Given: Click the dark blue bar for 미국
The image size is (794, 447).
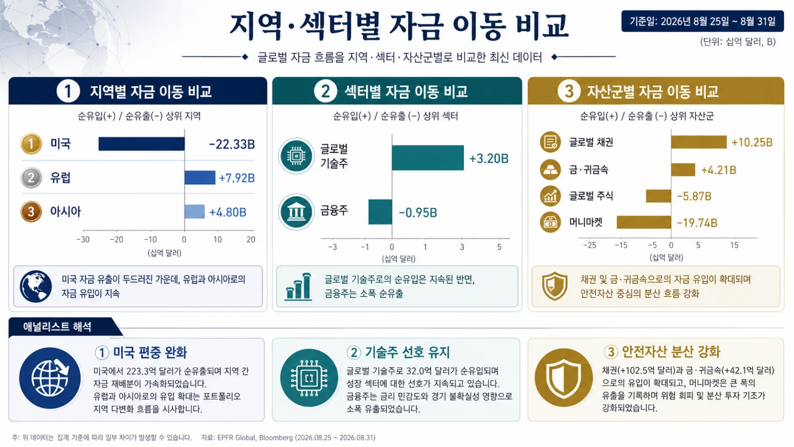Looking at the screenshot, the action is coord(141,144).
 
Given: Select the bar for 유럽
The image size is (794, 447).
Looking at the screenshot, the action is coord(200,177).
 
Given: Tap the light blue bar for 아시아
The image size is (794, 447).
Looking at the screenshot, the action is coord(195,212).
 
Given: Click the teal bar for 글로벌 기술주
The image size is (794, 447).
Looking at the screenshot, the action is coord(428,157).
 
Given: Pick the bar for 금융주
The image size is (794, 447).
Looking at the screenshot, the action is coord(380,212).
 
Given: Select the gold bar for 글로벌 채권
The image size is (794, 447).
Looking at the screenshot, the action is coord(699,142).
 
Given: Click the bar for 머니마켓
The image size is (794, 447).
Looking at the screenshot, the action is coord(644,222).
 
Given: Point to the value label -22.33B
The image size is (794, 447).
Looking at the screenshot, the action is coord(232,145).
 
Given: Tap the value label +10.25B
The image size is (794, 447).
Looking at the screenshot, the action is coord(752,142).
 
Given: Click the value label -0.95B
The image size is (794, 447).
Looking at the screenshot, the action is coord(418,213).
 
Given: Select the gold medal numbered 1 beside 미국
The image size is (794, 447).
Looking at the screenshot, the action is coord(31,144).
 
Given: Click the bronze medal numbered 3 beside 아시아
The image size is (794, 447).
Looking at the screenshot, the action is coord(31,212).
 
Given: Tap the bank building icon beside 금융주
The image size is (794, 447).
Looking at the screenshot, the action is coord(296,212).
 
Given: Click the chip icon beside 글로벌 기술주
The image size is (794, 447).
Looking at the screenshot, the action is coord(296,156).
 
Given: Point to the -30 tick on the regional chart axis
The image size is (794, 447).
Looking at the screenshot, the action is coord(83,239).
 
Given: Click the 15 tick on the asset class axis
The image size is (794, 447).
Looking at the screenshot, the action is coord(734,245).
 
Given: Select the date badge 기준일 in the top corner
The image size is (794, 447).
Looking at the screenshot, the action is coord(703,21).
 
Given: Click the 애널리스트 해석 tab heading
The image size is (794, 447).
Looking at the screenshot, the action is coord(58,326).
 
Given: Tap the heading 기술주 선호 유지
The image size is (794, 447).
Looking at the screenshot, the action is coord(407,352).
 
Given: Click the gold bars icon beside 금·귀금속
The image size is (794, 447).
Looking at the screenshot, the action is coord(550,169).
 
